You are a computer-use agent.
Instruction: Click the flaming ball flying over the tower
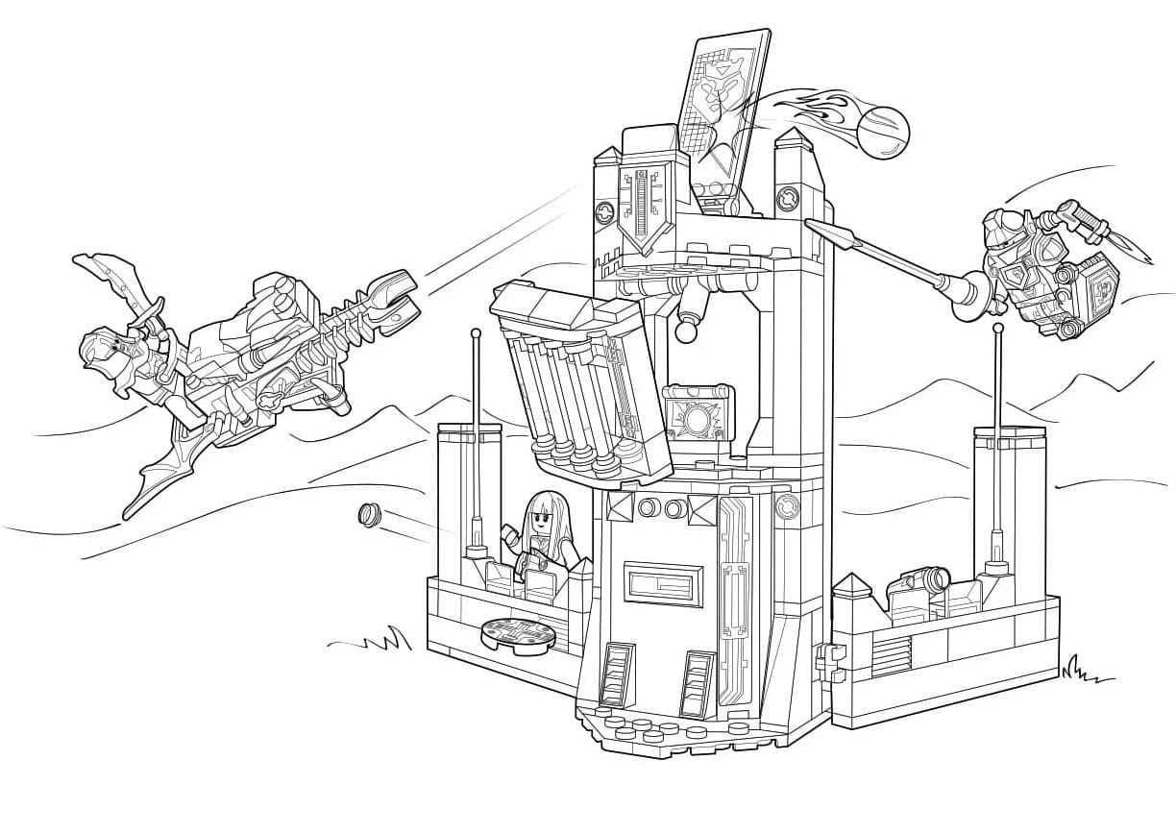[x=883, y=132]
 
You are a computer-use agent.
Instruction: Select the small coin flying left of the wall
[x=368, y=515]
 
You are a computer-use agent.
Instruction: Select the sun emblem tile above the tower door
[x=698, y=419]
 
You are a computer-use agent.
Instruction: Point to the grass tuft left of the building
[x=388, y=639]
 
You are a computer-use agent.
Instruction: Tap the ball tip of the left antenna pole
[x=475, y=333]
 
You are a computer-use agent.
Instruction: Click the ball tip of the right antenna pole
[x=999, y=329]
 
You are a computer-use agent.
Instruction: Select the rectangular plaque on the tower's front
[x=663, y=583]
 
